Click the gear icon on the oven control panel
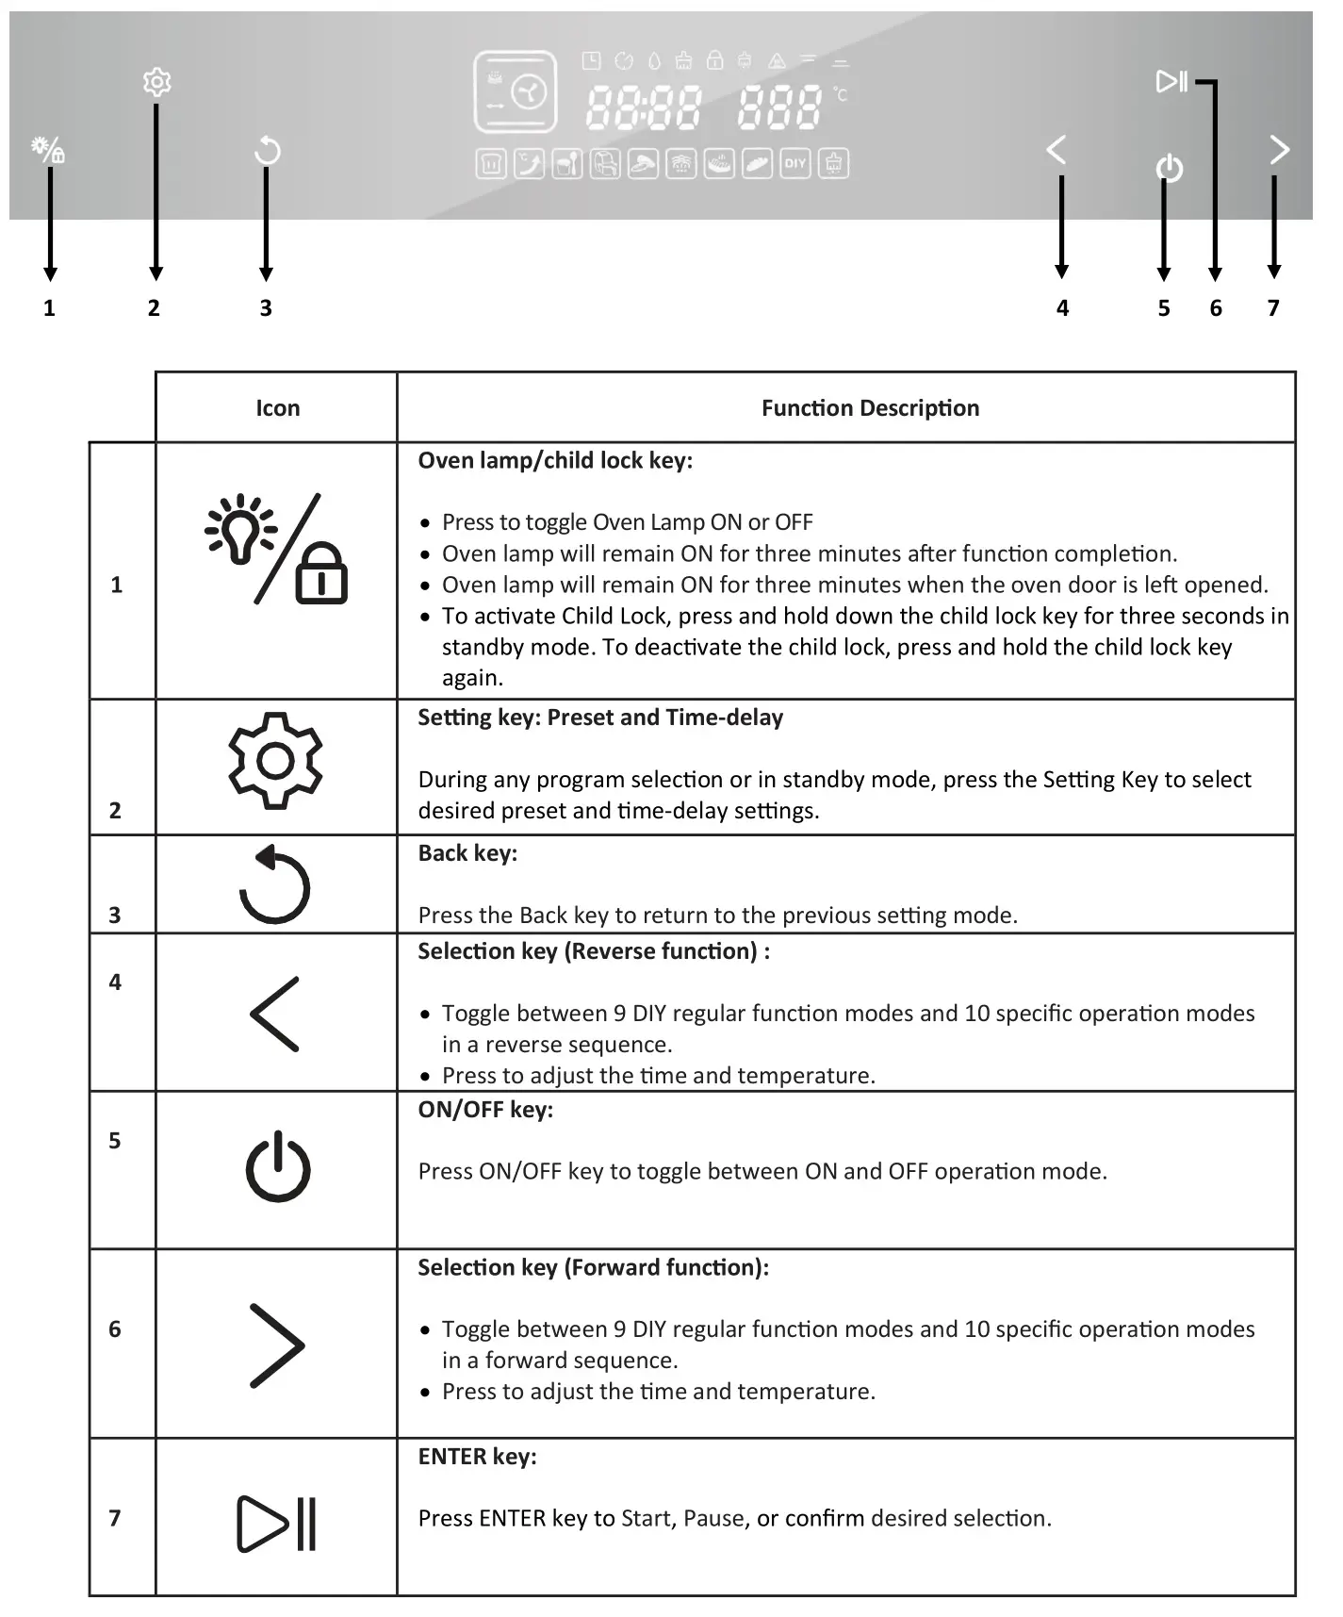pos(156,82)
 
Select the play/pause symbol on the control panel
pos(1171,81)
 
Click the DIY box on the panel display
pos(794,163)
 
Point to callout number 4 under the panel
pos(1062,308)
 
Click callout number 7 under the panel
pos(1273,308)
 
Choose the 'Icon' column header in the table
pos(277,408)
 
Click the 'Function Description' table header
pos(870,408)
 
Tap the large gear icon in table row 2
pos(275,760)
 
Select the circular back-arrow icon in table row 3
pos(274,884)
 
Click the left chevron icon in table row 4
pos(274,1014)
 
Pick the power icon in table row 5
pos(278,1167)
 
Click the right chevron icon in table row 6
pos(277,1345)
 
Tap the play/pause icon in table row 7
pos(276,1523)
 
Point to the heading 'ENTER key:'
pos(477,1457)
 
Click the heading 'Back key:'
pos(467,853)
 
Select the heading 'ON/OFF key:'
pos(485,1110)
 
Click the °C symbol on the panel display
pos(841,94)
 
